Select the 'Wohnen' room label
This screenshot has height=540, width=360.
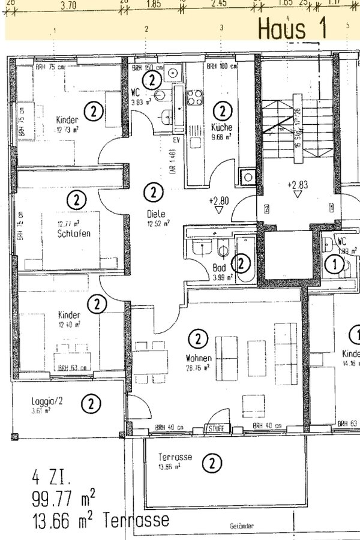197,358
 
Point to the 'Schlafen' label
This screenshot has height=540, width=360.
75,233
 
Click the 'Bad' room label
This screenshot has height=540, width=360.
219,268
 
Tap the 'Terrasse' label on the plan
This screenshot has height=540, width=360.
175,457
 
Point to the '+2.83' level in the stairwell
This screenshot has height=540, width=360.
297,184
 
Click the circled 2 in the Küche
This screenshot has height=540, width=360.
222,111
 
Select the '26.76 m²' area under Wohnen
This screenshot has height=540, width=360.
197,368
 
